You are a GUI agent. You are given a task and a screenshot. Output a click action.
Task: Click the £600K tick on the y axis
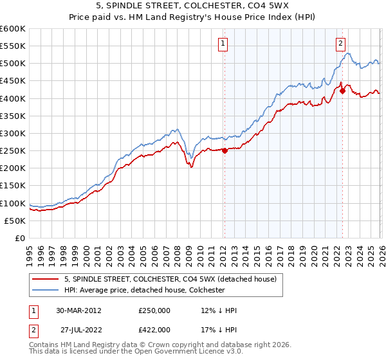[13, 29]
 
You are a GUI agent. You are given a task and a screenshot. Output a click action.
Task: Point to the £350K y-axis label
[13, 116]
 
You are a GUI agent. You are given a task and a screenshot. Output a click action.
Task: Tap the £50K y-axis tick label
[15, 221]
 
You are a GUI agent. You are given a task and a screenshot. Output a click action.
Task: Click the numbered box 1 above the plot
[223, 44]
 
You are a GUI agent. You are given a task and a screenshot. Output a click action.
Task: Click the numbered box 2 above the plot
[340, 44]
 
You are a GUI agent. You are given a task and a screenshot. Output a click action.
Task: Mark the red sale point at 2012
[225, 151]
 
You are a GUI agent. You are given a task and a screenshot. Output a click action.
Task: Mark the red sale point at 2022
[342, 91]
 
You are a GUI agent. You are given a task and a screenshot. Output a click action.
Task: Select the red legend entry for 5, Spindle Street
[170, 279]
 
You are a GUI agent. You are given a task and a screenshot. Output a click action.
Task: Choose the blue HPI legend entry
[144, 290]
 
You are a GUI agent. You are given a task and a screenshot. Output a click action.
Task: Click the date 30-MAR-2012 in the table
[73, 310]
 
